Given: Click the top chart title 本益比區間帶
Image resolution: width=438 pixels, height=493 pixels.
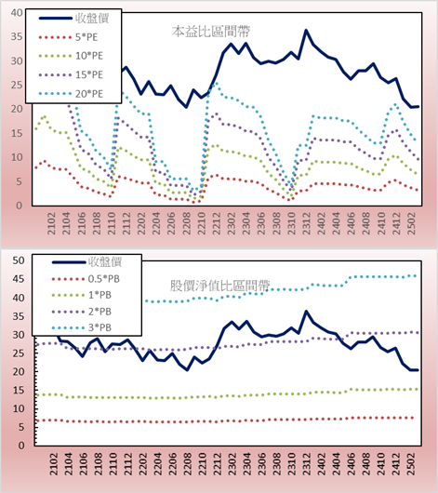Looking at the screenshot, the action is coord(211,32).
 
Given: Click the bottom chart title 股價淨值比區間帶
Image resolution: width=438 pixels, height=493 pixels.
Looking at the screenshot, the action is coord(219,286).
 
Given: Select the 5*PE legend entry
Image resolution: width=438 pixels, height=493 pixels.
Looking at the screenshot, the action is coord(68,37).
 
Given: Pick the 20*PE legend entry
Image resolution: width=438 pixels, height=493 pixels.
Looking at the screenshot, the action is coord(71,94).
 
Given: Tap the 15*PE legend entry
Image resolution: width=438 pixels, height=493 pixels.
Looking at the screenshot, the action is coord(71,74).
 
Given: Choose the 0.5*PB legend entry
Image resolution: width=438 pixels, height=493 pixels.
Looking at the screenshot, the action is coord(86,279).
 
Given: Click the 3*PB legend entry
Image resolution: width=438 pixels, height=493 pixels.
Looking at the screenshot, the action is coord(82,327).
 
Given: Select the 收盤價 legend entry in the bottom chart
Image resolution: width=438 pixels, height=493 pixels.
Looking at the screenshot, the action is coord(86,262).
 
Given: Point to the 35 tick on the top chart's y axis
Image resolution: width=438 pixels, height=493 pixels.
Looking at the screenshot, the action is coord(17,37).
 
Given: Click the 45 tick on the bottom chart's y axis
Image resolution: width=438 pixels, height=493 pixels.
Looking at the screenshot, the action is coord(19,279).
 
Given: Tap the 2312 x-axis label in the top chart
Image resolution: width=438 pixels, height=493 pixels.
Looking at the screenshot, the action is coord(306,223).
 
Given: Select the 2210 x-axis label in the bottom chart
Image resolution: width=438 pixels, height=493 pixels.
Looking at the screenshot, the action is coord(203,464).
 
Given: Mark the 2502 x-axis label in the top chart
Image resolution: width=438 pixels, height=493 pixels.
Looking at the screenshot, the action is coord(411,223).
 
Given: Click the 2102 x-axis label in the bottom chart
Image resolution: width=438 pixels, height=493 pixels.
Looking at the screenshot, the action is coord(53,464).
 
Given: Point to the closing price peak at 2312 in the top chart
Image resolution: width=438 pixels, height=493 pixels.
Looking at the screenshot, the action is coord(306,30).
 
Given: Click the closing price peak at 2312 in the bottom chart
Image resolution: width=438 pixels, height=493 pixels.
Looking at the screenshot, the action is coord(306,312).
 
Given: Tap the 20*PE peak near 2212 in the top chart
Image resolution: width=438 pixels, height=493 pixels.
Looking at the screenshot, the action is coord(216,84).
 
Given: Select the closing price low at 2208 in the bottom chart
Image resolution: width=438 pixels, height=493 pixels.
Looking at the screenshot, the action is coord(188,370).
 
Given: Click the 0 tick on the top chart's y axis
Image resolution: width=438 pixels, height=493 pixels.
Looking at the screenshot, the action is coord(20,206).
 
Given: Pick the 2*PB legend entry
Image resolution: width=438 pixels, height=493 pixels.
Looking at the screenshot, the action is coord(82,312).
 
